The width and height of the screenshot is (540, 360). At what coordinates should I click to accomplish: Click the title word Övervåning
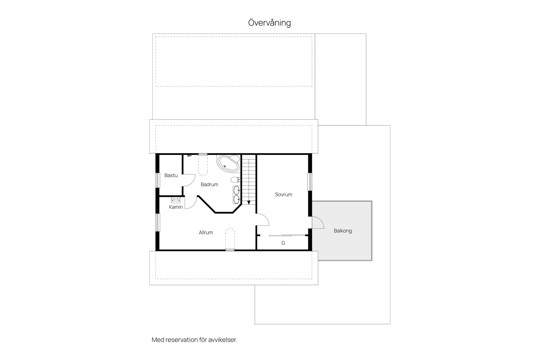click(x=269, y=22)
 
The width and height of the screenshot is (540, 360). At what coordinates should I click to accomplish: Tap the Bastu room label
click(x=171, y=175)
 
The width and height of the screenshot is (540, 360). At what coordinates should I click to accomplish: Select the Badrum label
click(x=210, y=184)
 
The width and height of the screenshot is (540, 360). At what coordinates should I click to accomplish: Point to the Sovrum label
click(x=283, y=194)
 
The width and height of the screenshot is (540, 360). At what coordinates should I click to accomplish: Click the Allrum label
click(x=206, y=232)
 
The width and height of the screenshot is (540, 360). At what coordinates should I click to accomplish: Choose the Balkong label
click(x=343, y=231)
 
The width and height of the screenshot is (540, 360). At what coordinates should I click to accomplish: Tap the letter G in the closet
click(x=283, y=243)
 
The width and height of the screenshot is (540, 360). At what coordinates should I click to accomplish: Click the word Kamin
click(x=176, y=207)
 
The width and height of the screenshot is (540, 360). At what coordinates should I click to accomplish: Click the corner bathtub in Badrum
click(x=228, y=163)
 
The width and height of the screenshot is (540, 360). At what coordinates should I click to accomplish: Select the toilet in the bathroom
click(x=235, y=179)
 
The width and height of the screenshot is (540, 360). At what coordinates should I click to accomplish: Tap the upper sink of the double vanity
click(x=237, y=190)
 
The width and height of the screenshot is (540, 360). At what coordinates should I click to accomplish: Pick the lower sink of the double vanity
click(x=237, y=199)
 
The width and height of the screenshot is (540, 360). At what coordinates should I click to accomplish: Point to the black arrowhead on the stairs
click(x=249, y=202)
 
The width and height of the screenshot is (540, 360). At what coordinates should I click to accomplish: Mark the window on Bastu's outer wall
click(x=158, y=180)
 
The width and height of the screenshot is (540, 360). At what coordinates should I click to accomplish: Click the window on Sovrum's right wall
click(x=310, y=182)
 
